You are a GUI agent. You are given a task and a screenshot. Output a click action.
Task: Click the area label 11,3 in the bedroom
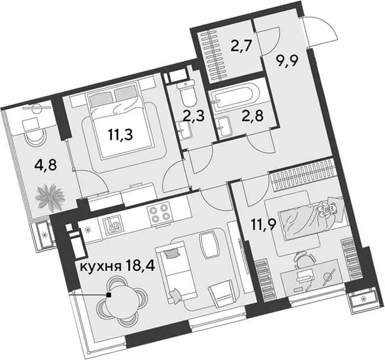(120, 135)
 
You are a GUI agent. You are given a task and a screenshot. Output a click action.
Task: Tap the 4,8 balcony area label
(46, 165)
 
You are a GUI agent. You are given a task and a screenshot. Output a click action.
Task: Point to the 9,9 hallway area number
(287, 61)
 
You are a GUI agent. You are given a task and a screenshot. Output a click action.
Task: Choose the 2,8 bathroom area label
(253, 116)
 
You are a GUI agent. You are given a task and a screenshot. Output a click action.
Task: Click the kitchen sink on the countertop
(113, 224)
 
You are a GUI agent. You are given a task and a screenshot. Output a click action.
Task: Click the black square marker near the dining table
(109, 295)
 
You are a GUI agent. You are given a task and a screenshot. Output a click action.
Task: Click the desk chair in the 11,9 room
(304, 261)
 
